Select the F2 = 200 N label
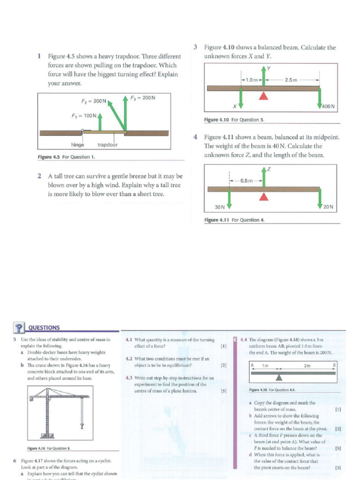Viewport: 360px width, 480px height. click(x=94, y=101)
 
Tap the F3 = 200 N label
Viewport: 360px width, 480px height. click(x=142, y=97)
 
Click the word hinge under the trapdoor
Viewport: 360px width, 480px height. click(x=77, y=145)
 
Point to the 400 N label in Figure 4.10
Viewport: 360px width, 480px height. click(x=328, y=106)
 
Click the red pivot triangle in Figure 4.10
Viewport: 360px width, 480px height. click(x=264, y=96)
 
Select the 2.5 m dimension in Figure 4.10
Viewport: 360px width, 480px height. click(x=291, y=80)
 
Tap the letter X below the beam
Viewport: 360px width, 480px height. click(x=234, y=106)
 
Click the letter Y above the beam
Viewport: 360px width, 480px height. click(x=269, y=68)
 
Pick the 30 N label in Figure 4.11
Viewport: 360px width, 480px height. click(x=219, y=207)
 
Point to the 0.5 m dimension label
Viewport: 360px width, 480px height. click(x=247, y=180)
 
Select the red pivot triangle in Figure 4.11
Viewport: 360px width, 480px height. click(x=264, y=197)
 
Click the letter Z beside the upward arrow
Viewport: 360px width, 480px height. click(x=269, y=169)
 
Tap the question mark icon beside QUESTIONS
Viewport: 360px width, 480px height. click(x=19, y=328)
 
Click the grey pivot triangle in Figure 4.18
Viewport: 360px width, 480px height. click(x=279, y=377)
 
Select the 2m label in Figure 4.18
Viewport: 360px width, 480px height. click(x=307, y=366)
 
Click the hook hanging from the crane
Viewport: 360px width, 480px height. click(x=82, y=426)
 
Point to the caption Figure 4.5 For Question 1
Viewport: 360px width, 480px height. click(x=66, y=157)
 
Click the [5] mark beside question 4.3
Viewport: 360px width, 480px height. click(x=224, y=390)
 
